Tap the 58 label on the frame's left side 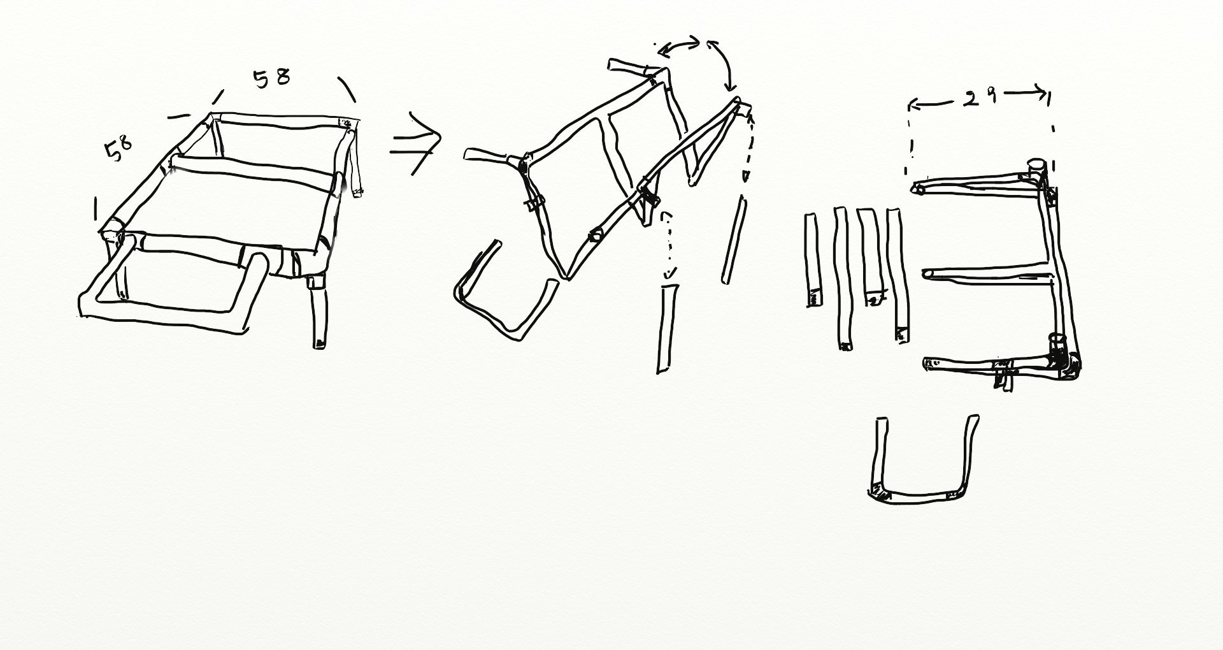[x=118, y=149]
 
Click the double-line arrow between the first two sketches [x=415, y=143]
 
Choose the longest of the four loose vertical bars [x=842, y=278]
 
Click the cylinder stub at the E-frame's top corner [x=1036, y=170]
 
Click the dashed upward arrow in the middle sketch [x=747, y=147]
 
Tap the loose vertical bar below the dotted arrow [x=666, y=329]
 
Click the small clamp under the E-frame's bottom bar [x=1003, y=376]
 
